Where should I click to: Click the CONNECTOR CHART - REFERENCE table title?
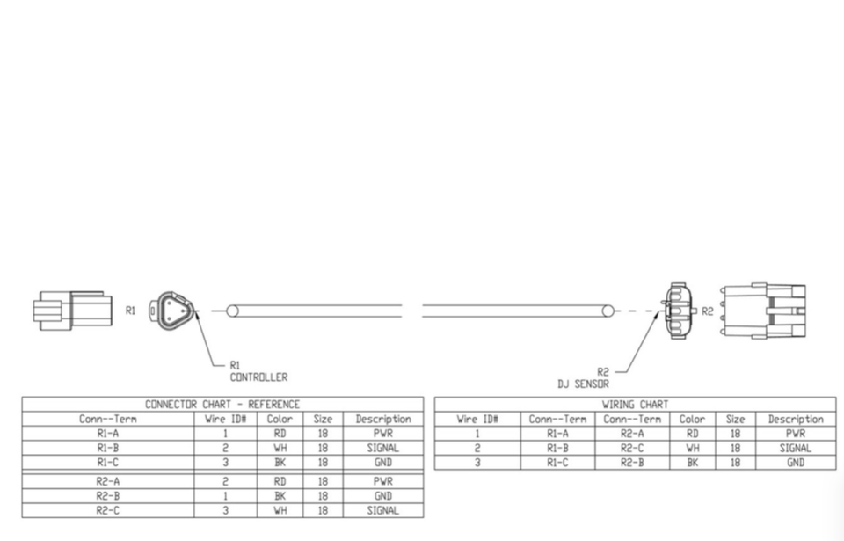click(222, 405)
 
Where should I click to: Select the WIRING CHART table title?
click(635, 405)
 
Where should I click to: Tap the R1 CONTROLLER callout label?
click(258, 371)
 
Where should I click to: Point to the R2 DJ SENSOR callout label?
click(583, 378)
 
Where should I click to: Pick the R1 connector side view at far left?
click(73, 310)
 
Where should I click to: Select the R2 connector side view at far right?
click(763, 310)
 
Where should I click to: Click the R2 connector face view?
click(678, 310)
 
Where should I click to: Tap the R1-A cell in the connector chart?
click(108, 434)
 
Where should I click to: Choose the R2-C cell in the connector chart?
click(108, 510)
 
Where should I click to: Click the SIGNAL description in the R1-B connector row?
click(382, 448)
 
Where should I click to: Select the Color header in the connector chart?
click(280, 420)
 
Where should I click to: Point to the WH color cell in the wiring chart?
click(692, 448)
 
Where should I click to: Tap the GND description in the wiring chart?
click(796, 462)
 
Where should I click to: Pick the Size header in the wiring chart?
click(736, 420)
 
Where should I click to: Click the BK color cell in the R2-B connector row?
click(280, 496)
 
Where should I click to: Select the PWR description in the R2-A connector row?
click(382, 482)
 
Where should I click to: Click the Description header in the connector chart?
click(382, 420)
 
